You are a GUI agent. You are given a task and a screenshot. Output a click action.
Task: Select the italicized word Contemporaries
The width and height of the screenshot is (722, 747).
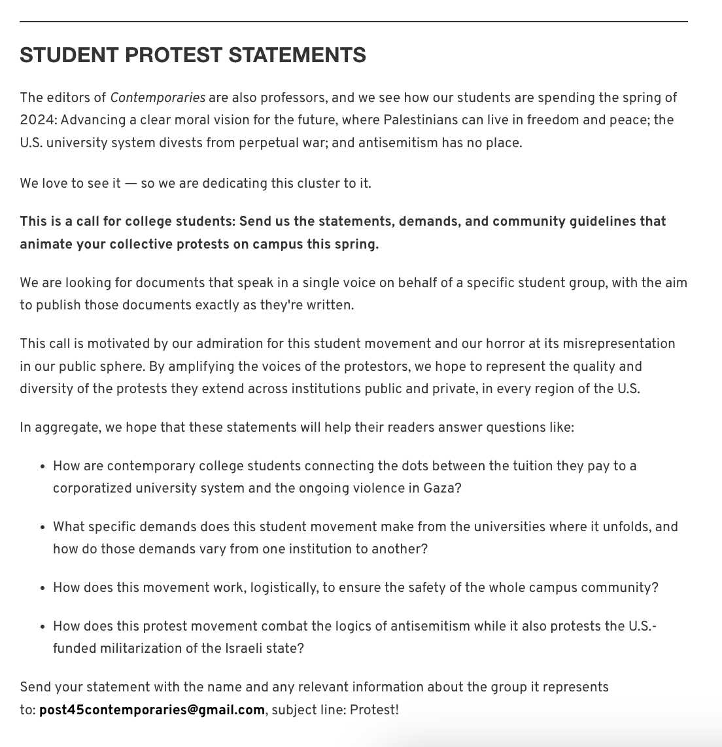(158, 97)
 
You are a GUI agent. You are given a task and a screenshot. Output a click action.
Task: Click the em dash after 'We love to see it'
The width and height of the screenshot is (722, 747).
(131, 183)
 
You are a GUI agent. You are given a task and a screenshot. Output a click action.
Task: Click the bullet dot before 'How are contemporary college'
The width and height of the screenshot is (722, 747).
(42, 466)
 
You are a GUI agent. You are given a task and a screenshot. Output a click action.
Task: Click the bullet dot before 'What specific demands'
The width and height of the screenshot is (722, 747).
(42, 527)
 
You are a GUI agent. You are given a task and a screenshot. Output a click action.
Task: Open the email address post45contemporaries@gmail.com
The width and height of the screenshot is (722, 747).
(152, 710)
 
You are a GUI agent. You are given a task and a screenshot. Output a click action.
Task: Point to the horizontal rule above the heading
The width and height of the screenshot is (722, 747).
(353, 22)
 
